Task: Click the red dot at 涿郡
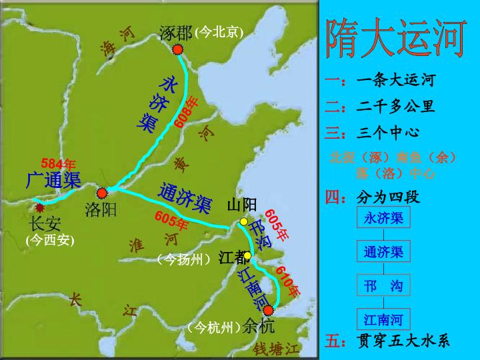pos(177,49)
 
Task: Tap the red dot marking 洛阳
pos(102,193)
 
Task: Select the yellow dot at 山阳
pos(244,221)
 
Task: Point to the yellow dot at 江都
pos(247,255)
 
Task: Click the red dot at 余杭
pos(269,310)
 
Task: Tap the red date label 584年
pos(58,163)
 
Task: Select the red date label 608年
pos(186,112)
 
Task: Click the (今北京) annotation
pos(219,32)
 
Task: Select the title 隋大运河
pos(395,39)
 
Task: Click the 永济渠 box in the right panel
pos(383,218)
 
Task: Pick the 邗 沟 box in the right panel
pos(383,286)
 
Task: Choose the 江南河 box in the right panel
pos(383,319)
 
